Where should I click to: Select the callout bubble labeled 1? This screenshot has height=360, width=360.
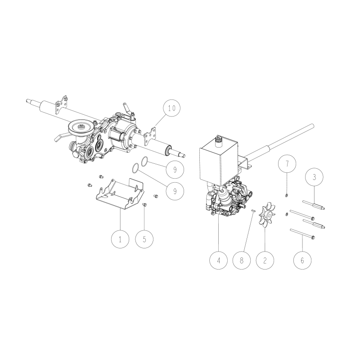120,239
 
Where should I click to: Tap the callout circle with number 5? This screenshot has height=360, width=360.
144,239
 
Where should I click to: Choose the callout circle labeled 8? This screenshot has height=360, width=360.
242,260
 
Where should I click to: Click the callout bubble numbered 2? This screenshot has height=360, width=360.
265,260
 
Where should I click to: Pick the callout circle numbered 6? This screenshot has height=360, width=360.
302,260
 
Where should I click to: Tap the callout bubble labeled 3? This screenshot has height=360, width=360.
314,177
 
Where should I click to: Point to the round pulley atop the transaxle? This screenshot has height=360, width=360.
81,128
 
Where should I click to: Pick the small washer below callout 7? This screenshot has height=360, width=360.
286,195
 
